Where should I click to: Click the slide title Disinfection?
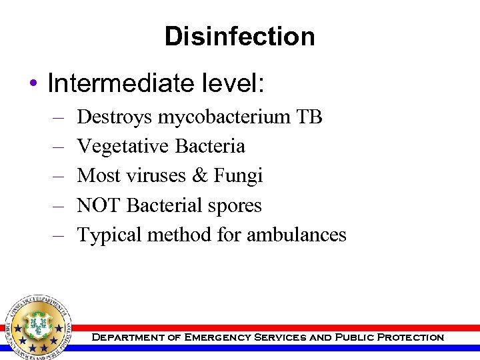[239, 36]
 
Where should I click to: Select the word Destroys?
[115, 117]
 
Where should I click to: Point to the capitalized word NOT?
[99, 205]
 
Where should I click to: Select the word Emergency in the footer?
[209, 337]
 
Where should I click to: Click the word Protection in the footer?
[410, 337]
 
